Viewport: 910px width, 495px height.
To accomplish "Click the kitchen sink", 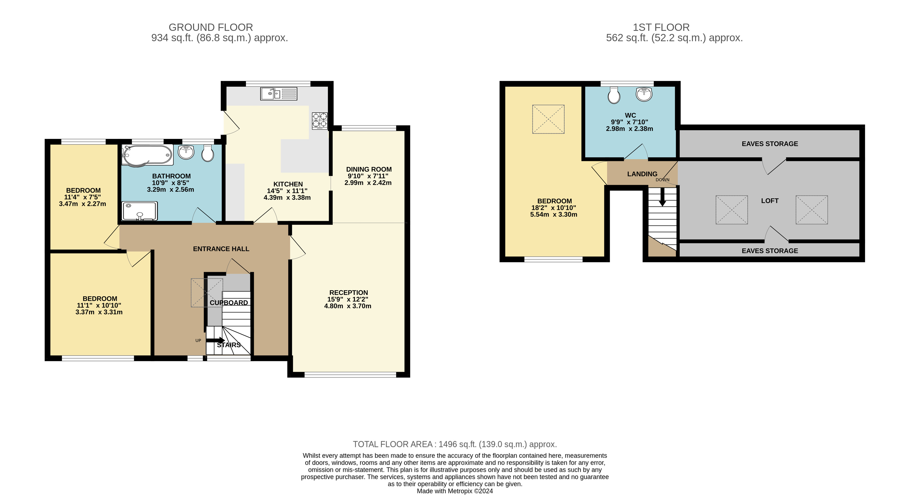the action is click(x=279, y=94).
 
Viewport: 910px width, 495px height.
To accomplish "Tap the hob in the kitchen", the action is click(x=320, y=120).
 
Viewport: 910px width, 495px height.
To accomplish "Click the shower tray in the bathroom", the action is click(x=140, y=211).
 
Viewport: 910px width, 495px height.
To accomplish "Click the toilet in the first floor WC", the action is click(x=614, y=95).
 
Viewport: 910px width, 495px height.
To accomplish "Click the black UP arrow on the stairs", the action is click(x=215, y=340).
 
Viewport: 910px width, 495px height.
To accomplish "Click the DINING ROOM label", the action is click(x=369, y=170).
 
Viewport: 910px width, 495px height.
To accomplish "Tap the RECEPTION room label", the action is click(x=349, y=293).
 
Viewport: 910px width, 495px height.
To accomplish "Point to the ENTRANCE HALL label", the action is click(x=221, y=249).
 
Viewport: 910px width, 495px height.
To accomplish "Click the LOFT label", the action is click(x=770, y=201).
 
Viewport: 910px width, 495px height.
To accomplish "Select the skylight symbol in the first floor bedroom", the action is click(x=548, y=119).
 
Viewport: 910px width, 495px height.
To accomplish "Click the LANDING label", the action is click(x=642, y=174).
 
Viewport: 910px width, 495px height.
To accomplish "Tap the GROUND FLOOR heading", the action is click(x=211, y=27).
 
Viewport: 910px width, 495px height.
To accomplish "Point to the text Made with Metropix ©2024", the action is click(x=455, y=491).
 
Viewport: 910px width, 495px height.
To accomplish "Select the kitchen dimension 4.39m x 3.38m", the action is click(x=287, y=198).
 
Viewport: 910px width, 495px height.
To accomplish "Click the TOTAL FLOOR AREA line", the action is click(x=455, y=444).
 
